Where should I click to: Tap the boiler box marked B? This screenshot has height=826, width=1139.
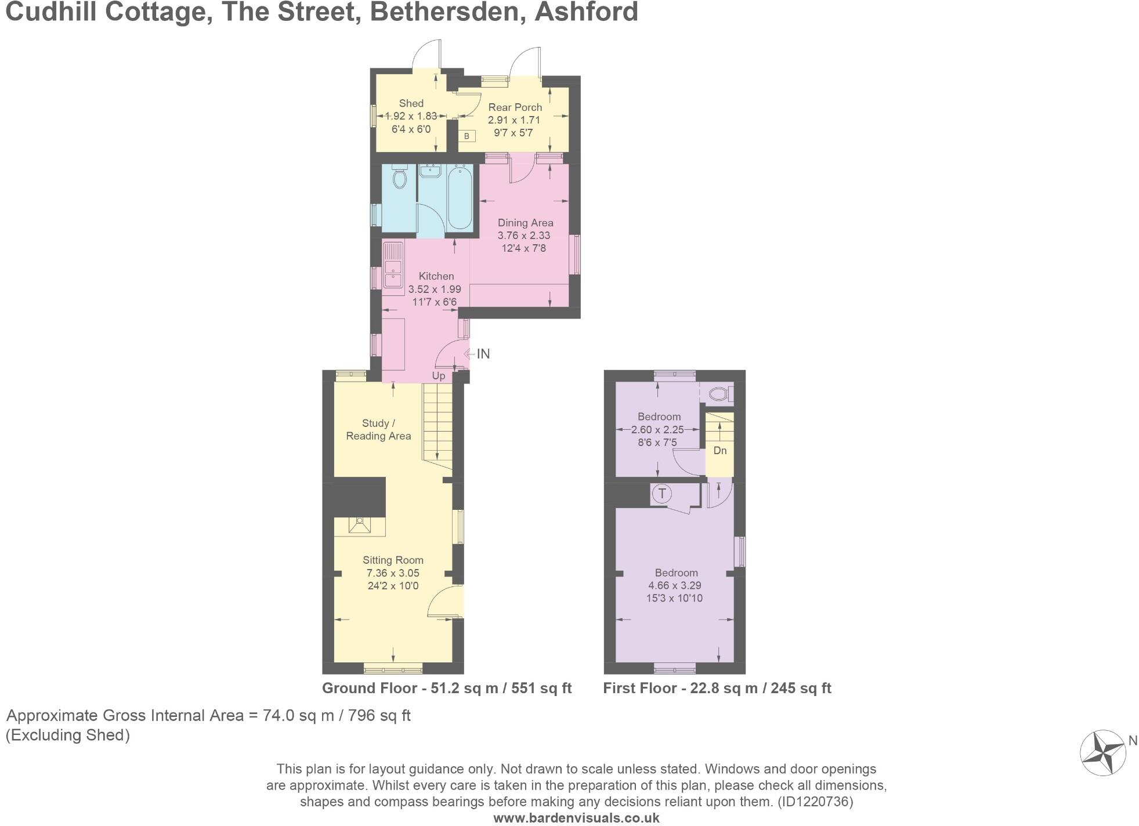467,136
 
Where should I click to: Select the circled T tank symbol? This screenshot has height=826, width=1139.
661,494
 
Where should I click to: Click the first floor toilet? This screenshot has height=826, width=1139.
720,394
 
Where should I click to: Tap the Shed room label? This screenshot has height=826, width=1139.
411,103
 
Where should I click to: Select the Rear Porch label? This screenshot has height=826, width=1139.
515,107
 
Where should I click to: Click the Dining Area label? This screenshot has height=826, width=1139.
525,223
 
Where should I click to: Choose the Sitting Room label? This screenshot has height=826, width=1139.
393,560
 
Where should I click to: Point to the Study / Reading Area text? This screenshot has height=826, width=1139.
378,430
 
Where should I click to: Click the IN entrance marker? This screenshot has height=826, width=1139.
483,354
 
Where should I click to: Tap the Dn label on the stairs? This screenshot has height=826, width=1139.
719,451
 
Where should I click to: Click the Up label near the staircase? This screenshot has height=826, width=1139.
439,376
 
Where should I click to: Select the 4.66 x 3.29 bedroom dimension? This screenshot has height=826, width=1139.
674,586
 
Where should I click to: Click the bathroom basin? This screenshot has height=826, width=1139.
430,171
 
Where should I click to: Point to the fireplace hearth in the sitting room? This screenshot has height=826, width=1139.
360,526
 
